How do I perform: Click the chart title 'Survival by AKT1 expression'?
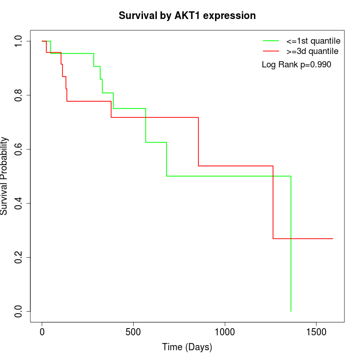[x=187, y=16]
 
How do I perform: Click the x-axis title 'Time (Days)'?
[x=187, y=347]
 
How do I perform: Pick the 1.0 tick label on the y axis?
[x=19, y=41]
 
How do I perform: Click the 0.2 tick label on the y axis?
[x=19, y=257]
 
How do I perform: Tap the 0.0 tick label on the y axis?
[x=19, y=311]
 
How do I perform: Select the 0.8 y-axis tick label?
[x=19, y=95]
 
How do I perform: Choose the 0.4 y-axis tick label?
[x=19, y=203]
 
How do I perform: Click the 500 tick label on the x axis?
[x=133, y=332]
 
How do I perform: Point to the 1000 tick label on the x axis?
[x=225, y=332]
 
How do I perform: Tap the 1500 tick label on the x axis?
[x=316, y=332]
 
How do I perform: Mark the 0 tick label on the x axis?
[x=42, y=332]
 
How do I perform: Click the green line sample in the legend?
[x=271, y=41]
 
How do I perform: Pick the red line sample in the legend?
[x=271, y=51]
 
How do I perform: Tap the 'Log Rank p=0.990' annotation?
[x=296, y=65]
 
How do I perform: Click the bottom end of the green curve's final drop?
[x=291, y=311]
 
